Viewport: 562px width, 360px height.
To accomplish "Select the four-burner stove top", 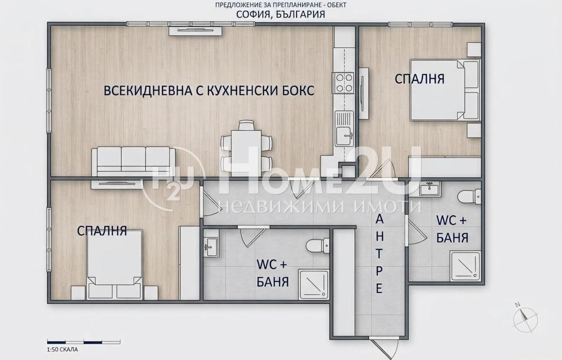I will coord(344,83).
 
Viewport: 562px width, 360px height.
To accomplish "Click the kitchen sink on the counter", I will coord(345,128).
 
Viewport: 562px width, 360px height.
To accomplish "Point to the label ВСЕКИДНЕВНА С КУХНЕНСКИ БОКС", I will coord(209,90).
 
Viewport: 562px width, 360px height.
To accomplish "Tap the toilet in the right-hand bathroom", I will coord(469,196).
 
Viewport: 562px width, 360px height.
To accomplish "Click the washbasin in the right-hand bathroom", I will coord(429,188).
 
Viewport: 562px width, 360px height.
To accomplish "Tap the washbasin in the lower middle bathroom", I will coord(210,247).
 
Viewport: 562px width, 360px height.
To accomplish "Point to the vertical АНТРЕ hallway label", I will coord(379,254).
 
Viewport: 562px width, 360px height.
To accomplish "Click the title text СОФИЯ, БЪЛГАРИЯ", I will coord(280,14).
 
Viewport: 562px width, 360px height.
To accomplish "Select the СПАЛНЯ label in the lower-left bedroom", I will coord(102,231).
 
